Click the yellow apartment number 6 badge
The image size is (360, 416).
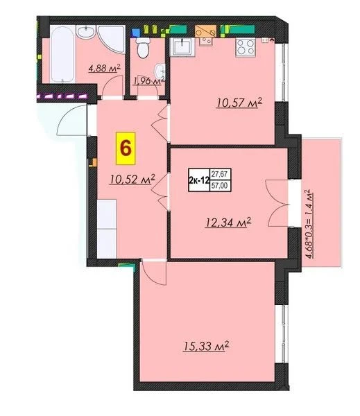pos(126,148)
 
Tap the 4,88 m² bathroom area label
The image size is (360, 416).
pos(104,69)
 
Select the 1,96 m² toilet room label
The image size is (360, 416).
pos(149,80)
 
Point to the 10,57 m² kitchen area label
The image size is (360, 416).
pos(239,103)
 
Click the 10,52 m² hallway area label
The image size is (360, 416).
pos(132,180)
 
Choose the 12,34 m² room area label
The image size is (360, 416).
pos(228,223)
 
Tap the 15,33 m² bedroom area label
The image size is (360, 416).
pos(206,346)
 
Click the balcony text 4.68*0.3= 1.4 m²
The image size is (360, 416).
pos(309,224)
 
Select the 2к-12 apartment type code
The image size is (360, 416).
pos(199,180)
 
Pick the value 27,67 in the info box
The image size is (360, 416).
pos(220,174)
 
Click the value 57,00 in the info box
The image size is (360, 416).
pos(220,186)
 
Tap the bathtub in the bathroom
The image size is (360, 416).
pos(62,54)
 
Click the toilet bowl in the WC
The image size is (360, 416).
pos(143,48)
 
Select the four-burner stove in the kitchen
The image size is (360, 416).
pos(245,47)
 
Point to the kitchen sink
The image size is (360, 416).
pos(182,47)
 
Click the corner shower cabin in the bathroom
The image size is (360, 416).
pos(112,39)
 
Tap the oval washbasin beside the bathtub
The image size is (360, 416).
pos(85,32)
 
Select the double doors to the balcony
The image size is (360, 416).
pos(277,203)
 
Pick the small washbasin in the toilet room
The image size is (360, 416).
pos(160,71)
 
